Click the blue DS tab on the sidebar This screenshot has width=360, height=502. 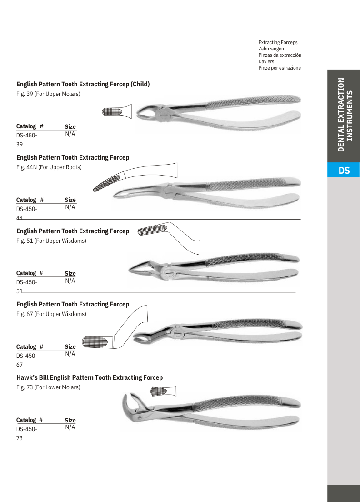click(344, 171)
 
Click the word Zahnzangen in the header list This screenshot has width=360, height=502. click(271, 49)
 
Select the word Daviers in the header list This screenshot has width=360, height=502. click(266, 61)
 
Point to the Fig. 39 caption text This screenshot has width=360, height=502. click(48, 94)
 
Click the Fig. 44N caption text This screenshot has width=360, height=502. click(49, 167)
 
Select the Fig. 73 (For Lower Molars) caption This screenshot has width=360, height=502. click(48, 387)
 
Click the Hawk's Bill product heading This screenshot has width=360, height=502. click(90, 377)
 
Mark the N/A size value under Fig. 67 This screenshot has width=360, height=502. click(70, 354)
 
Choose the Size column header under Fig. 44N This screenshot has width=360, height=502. click(70, 200)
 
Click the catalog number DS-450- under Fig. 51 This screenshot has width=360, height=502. click(27, 282)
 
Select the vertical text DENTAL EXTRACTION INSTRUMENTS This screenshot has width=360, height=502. click(344, 115)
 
